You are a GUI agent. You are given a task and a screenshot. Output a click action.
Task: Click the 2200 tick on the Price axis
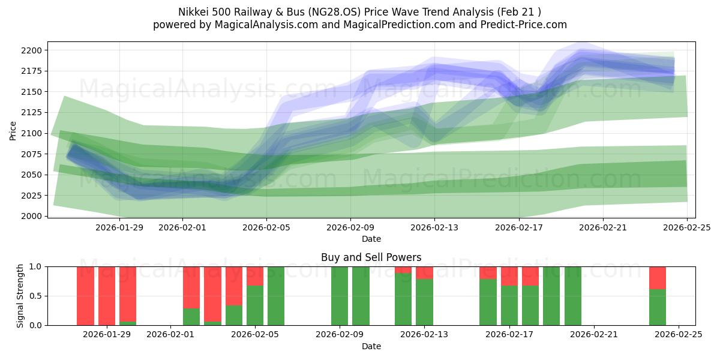click(34, 50)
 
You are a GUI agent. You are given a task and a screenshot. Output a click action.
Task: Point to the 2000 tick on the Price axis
click(34, 216)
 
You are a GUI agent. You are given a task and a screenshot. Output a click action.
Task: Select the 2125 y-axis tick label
click(34, 112)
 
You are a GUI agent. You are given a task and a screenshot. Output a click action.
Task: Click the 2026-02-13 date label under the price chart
click(435, 228)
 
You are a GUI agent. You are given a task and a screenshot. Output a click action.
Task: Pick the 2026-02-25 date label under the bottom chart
click(679, 335)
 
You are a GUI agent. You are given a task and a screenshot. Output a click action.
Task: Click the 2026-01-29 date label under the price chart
click(119, 228)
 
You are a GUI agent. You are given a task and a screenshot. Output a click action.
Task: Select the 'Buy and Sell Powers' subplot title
click(371, 257)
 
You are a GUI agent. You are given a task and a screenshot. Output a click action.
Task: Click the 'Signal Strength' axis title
click(20, 296)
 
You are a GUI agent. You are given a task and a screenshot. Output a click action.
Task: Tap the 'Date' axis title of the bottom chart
click(371, 346)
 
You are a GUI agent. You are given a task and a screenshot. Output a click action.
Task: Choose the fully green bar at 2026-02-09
click(340, 296)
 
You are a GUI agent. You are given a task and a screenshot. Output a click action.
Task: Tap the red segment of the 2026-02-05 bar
click(255, 276)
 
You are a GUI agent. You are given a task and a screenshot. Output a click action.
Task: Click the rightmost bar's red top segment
click(658, 278)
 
